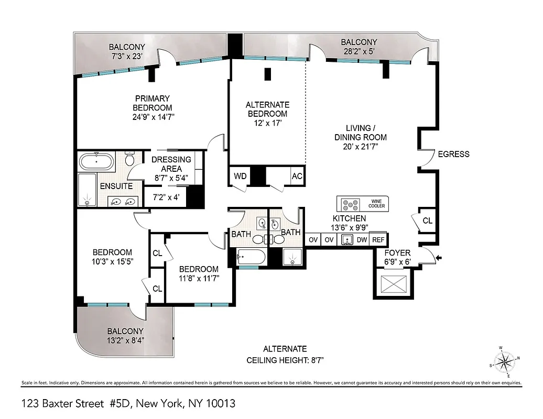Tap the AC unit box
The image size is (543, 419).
tap(297, 176)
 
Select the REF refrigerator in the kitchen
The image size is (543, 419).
tap(378, 239)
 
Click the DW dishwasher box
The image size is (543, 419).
tap(362, 239)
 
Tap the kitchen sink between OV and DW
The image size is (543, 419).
tap(346, 239)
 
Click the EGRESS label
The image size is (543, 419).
tap(454, 154)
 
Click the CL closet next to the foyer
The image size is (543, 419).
tap(428, 220)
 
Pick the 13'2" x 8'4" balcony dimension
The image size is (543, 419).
tap(125, 340)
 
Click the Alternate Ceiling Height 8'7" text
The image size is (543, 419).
tap(285, 360)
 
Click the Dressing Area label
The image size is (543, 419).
tap(171, 164)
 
